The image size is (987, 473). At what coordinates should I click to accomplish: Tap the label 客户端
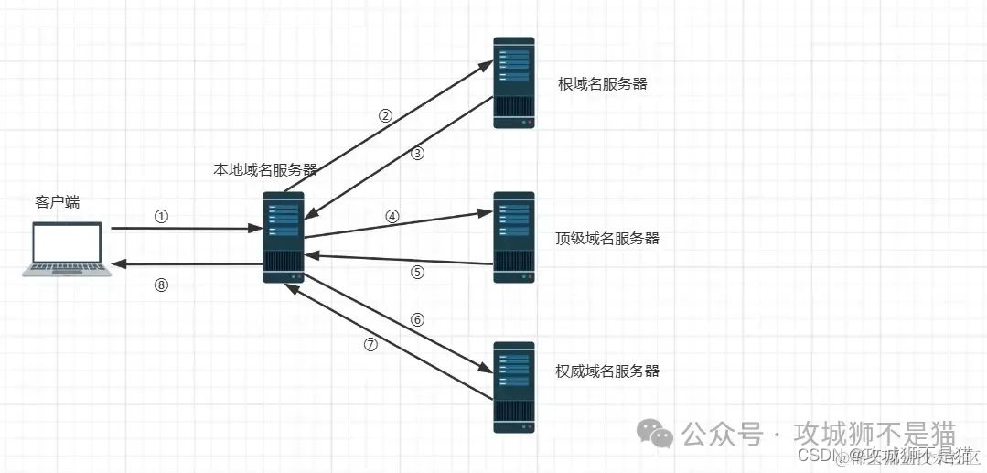click(58, 202)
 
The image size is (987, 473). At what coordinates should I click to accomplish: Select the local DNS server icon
click(284, 237)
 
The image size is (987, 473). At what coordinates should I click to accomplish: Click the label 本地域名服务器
click(265, 169)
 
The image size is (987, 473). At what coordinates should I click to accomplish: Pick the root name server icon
click(514, 82)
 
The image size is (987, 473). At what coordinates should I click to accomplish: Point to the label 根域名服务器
click(603, 84)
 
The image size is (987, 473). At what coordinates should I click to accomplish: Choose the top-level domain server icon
click(514, 237)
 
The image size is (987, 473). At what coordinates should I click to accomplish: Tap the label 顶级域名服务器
click(607, 239)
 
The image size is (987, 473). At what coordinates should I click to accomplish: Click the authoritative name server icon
click(514, 387)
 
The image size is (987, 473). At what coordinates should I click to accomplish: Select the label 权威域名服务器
click(607, 371)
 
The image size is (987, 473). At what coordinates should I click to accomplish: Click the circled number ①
click(162, 217)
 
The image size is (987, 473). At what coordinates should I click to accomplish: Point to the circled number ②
click(386, 116)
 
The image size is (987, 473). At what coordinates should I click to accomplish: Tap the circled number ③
click(418, 154)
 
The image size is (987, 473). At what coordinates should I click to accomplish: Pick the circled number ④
click(392, 217)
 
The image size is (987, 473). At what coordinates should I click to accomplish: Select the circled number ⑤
click(418, 272)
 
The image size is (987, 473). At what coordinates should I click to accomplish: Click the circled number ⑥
click(418, 320)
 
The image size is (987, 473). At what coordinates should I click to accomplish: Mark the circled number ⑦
click(370, 345)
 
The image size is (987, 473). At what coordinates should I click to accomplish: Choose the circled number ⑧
click(162, 285)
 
